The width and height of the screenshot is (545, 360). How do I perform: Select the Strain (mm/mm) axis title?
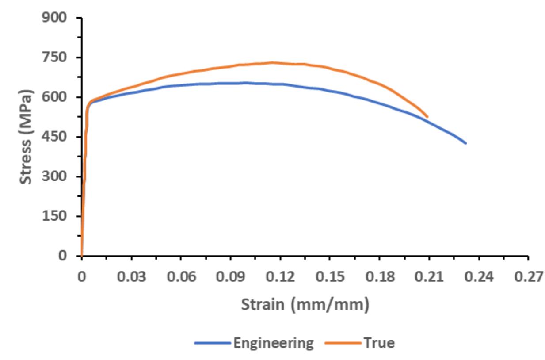pos(305,305)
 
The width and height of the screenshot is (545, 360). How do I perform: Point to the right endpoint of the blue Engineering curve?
pos(466,143)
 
